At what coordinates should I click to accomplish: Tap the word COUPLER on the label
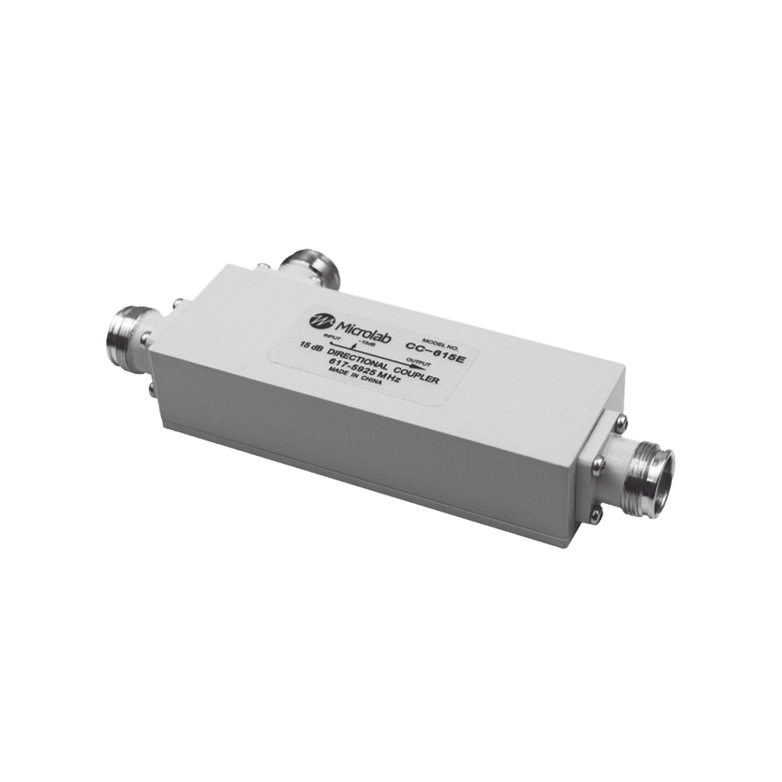pyautogui.click(x=416, y=376)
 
